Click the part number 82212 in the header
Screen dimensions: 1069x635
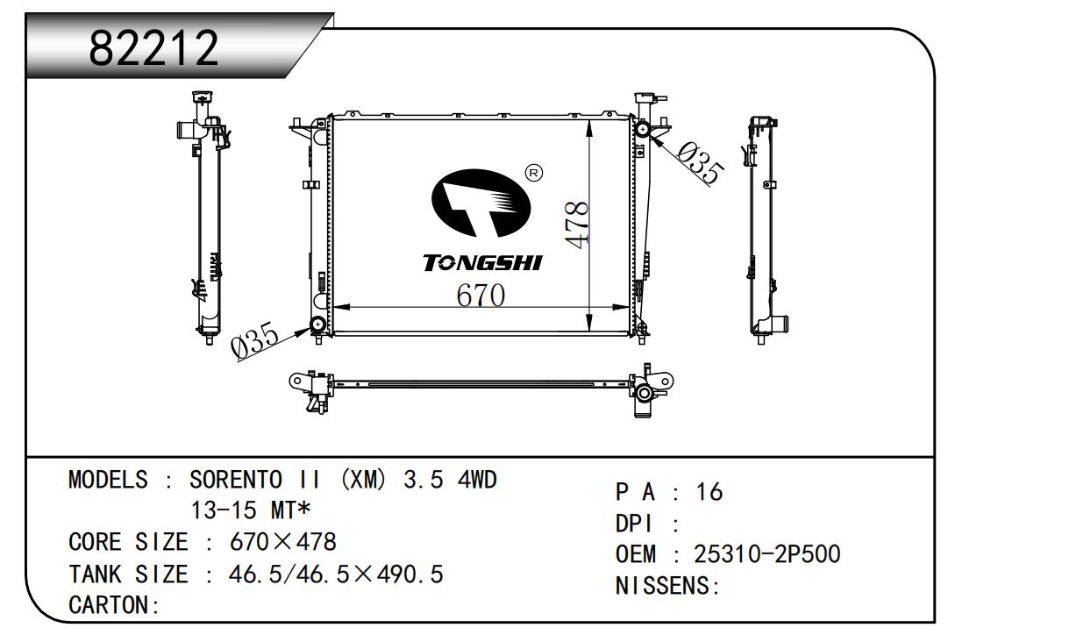tap(153, 47)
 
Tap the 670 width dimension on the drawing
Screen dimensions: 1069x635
tap(481, 295)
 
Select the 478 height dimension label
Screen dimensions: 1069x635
tap(577, 225)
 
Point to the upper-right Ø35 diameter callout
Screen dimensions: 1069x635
tap(701, 163)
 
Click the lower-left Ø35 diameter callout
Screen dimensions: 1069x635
tap(254, 340)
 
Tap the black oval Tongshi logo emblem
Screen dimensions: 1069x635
tap(481, 203)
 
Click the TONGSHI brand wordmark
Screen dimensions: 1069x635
tap(482, 263)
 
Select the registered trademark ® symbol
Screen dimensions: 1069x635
tap(533, 173)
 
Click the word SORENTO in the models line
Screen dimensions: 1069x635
tap(236, 480)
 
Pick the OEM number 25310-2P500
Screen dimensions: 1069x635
tap(767, 553)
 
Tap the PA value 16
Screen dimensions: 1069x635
tap(709, 492)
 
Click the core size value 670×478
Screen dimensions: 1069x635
tap(283, 542)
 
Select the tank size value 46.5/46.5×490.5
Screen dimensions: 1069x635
tap(336, 574)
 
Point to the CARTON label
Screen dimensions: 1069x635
tap(110, 605)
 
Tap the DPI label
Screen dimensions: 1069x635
tap(634, 524)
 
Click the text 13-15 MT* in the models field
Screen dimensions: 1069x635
tap(251, 510)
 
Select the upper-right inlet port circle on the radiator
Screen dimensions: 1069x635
tap(642, 129)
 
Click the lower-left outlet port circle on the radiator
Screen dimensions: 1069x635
tap(317, 325)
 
